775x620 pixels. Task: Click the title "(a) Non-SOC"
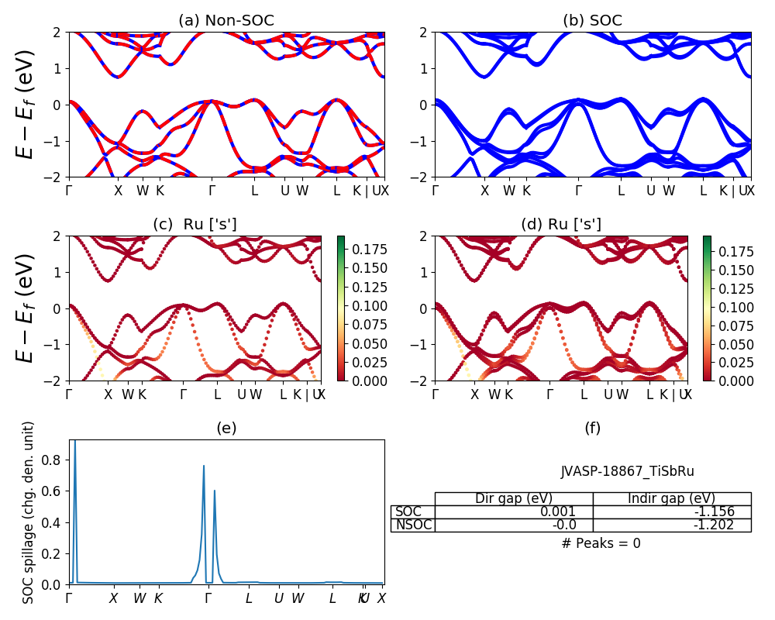click(226, 20)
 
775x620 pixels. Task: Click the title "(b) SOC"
click(592, 20)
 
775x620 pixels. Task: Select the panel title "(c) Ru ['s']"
click(195, 224)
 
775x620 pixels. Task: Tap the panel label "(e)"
click(226, 428)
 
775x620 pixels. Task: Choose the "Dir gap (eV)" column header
click(514, 498)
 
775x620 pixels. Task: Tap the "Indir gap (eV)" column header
click(672, 498)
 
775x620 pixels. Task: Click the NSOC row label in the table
click(413, 525)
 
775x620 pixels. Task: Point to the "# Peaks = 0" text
click(601, 543)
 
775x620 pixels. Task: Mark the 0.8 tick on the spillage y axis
click(56, 460)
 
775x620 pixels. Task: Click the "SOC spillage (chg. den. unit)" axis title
click(29, 512)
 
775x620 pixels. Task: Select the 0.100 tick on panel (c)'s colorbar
click(364, 306)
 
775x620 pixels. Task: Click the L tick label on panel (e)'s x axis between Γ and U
click(249, 598)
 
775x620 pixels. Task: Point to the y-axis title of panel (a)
click(26, 104)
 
